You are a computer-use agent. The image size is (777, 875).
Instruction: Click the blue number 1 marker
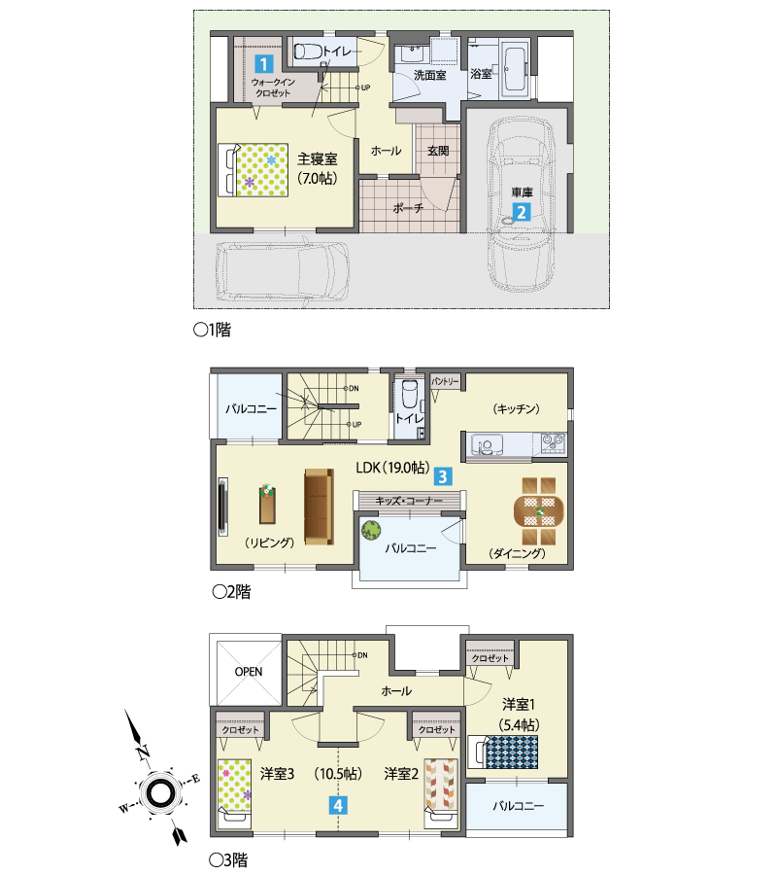coord(263,63)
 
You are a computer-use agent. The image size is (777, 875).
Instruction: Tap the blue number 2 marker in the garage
coord(522,212)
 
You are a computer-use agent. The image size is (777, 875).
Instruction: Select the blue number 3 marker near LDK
coord(443,476)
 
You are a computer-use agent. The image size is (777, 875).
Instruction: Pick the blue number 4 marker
coord(338,805)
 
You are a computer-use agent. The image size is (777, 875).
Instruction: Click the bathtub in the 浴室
coord(515,70)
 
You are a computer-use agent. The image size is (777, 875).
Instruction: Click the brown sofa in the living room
coord(319,507)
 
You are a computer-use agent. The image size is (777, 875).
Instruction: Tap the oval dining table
coord(538,511)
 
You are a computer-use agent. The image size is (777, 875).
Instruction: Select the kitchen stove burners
coord(553,442)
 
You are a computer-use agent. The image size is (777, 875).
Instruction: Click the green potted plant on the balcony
coord(370,530)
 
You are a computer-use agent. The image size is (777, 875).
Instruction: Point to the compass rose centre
coord(160,791)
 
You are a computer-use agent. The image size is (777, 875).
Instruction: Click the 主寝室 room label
coord(318,159)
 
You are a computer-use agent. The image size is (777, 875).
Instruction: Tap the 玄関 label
coord(438,151)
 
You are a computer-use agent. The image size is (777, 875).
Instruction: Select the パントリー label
coord(445,381)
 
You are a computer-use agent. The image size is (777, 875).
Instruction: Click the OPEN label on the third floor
coord(249,671)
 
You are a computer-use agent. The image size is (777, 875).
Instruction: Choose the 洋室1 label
coord(519,704)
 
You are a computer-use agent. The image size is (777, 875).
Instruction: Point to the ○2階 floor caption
coord(232,591)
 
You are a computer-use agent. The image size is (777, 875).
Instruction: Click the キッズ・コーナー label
coord(408,501)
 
